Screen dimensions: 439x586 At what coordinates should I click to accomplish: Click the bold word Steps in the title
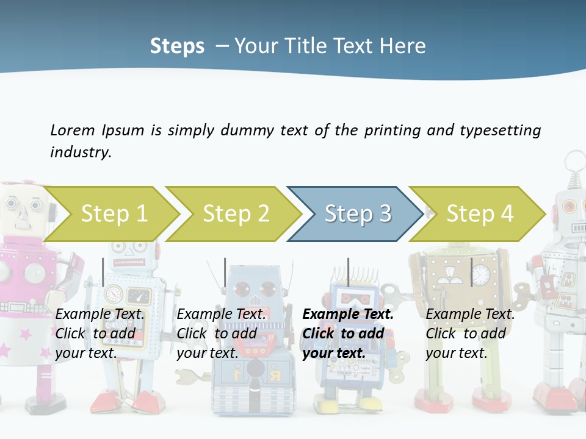(x=177, y=46)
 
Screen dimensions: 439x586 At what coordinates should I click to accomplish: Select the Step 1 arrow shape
(x=114, y=214)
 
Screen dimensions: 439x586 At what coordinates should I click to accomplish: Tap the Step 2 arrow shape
(x=236, y=214)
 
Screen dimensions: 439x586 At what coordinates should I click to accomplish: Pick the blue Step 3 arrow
(x=358, y=214)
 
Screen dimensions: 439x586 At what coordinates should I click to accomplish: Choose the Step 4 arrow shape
(x=480, y=214)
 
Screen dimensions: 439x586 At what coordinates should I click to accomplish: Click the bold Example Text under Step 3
(x=348, y=315)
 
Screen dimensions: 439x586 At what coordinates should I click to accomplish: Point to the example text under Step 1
(x=99, y=333)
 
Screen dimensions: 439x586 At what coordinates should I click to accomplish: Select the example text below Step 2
(x=221, y=333)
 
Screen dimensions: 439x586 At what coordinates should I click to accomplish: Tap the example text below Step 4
(x=470, y=333)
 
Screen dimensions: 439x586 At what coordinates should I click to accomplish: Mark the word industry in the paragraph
(x=80, y=152)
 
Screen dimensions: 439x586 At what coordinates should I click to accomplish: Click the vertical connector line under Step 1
(x=103, y=272)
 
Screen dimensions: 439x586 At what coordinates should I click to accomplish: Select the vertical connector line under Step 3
(x=349, y=272)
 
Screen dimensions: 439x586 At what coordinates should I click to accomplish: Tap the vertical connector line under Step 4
(x=471, y=272)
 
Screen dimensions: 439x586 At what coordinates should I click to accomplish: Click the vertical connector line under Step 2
(x=225, y=272)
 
